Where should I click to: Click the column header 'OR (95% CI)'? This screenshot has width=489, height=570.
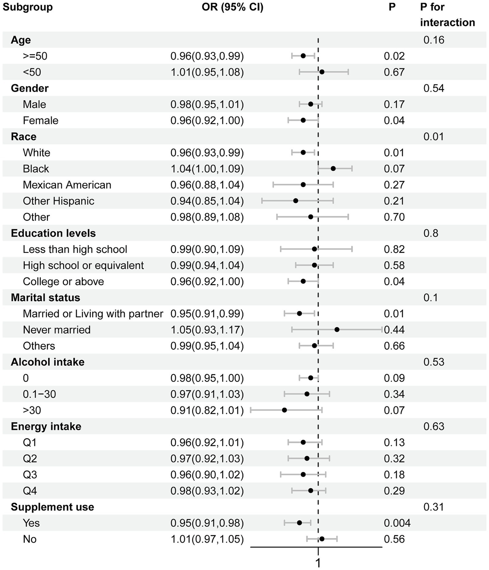coord(232,7)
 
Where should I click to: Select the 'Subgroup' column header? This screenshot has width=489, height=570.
coord(28,7)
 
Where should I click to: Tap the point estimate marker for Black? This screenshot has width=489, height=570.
coord(333,168)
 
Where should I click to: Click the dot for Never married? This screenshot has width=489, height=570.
coord(337,330)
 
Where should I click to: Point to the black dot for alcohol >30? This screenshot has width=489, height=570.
coord(284,410)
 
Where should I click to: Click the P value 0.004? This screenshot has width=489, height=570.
coord(397,523)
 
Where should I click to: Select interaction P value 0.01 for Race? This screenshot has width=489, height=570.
coord(433,137)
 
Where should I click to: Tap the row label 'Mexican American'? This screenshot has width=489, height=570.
coord(67,185)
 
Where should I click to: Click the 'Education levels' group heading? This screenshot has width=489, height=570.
coord(53,233)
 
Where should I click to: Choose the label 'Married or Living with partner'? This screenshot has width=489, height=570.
coord(93,314)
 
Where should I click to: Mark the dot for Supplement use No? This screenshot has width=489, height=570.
coord(322,539)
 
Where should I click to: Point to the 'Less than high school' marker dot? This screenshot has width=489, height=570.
coord(314,249)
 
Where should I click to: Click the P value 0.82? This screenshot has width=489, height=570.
coord(394,249)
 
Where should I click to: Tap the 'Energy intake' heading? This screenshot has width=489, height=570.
coord(46,426)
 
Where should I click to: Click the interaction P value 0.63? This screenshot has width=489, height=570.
coord(433,426)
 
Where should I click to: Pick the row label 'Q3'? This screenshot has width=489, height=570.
coord(30,474)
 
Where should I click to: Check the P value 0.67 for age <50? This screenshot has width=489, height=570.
coord(394,72)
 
